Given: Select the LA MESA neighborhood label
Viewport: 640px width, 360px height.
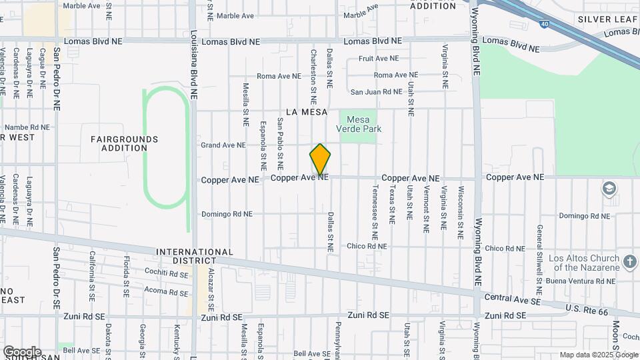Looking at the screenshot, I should [x=307, y=112].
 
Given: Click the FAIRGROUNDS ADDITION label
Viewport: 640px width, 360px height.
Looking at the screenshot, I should [x=125, y=143].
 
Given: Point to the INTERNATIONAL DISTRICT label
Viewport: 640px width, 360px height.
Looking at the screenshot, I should [x=195, y=256].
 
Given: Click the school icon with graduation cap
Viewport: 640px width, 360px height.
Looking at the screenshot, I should [x=609, y=189].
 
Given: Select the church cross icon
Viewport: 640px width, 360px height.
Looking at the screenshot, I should [x=629, y=260].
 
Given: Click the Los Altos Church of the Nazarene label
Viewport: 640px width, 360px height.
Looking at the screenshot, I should [x=584, y=263].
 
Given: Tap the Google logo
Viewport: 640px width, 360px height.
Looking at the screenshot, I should [x=22, y=351].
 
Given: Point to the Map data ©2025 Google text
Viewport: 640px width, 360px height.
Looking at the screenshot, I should [x=599, y=355].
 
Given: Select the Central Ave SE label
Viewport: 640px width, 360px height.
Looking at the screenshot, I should [x=511, y=300].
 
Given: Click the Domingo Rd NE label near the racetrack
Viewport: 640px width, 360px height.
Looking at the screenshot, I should [x=227, y=214].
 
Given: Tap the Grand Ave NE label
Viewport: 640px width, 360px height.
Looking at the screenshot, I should [x=223, y=145].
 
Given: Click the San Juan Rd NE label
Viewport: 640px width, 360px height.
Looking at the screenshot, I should [x=377, y=92].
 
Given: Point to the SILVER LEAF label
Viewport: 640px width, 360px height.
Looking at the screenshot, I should [x=608, y=20].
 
